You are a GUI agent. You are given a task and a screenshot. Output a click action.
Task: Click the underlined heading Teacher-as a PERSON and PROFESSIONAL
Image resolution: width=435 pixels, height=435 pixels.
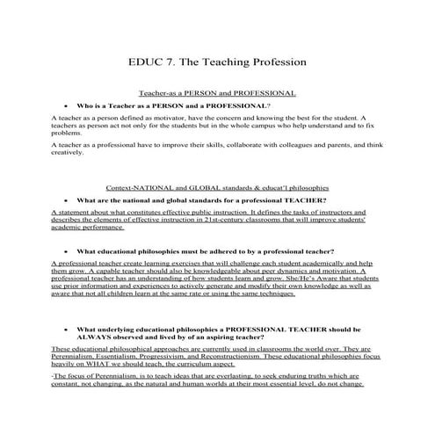[217, 92]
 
